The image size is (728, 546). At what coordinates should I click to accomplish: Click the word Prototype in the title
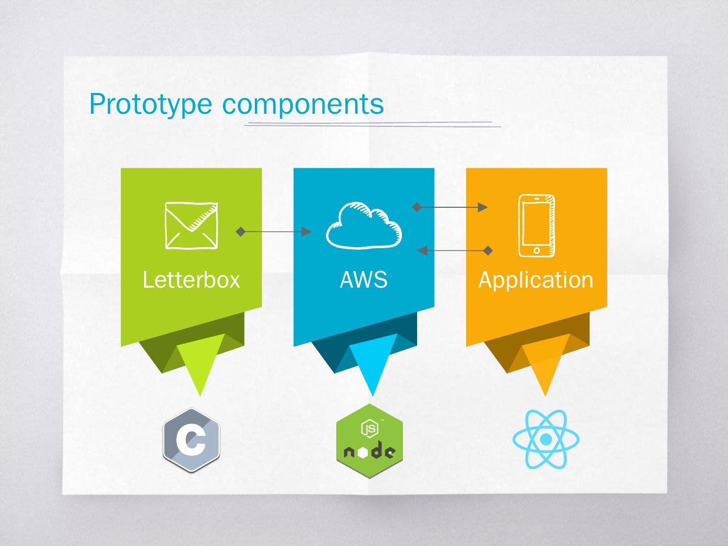coord(150,104)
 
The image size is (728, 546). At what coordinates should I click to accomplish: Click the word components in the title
coord(303,104)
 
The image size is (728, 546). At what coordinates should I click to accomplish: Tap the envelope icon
coord(192,225)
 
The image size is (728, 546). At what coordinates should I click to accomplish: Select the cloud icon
coord(364,225)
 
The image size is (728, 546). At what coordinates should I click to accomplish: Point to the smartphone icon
coord(536,225)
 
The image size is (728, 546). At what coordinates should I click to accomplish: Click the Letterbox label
coord(191,280)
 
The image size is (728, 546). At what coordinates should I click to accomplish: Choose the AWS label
coord(363,280)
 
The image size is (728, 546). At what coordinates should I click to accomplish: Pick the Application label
coord(536,280)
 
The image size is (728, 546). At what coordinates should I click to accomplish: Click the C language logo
coord(192,440)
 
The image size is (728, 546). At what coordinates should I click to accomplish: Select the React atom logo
coord(545,439)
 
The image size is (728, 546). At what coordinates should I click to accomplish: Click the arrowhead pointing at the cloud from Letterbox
coord(306,232)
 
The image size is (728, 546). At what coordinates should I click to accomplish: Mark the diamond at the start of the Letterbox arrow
coord(241,232)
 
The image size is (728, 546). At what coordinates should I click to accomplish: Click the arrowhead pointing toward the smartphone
coord(483,207)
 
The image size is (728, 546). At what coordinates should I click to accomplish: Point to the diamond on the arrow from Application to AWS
coord(488,250)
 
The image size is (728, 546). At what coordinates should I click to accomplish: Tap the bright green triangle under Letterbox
coord(200,361)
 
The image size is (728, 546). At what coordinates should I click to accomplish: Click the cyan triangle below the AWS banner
coord(373,361)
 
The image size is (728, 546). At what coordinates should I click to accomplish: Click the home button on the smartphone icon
coord(536,250)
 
